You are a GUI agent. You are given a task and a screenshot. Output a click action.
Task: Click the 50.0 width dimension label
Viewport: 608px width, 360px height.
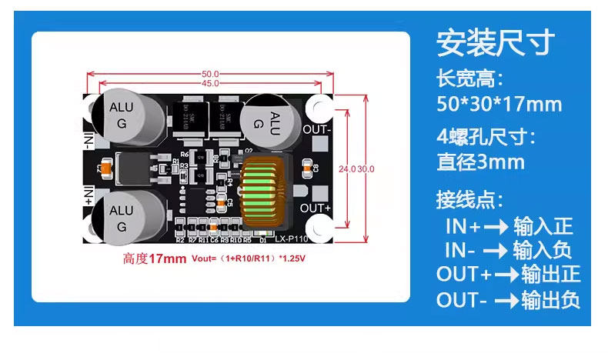point(211,74)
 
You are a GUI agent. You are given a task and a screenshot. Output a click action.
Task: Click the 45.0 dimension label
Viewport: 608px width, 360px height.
point(211,83)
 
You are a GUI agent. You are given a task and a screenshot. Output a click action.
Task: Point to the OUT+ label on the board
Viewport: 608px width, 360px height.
point(316,208)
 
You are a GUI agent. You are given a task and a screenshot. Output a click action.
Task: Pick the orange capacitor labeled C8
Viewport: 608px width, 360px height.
point(308,165)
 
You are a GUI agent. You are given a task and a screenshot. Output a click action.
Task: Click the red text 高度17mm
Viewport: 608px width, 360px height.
point(154,258)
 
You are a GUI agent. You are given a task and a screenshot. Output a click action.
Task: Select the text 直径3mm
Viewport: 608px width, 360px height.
point(480,162)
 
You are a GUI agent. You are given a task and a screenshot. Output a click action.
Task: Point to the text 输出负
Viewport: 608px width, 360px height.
point(550,300)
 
